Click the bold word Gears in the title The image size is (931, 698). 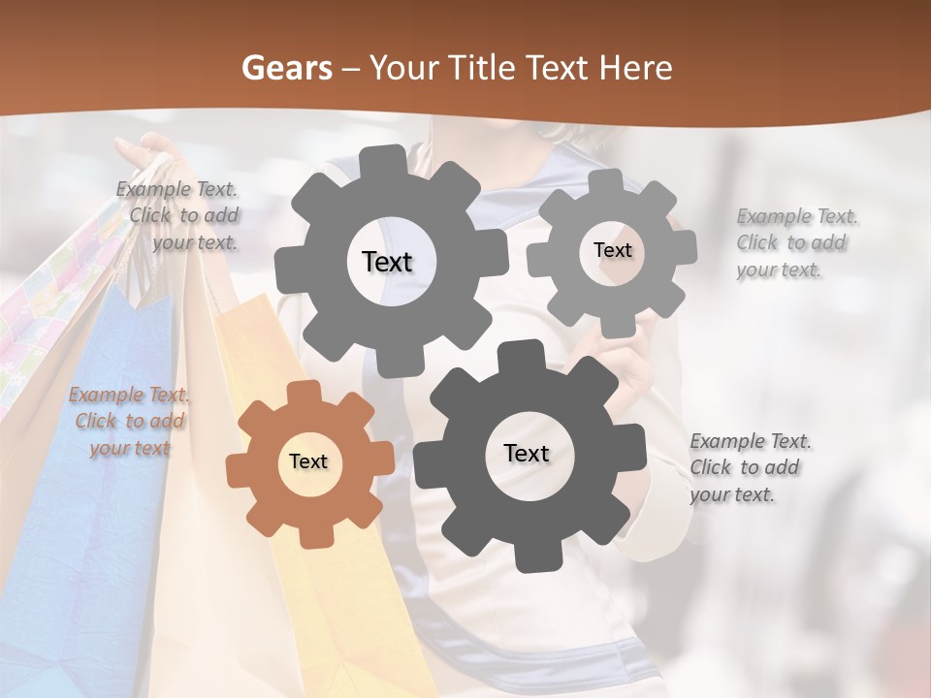click(286, 68)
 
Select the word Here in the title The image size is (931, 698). click(637, 68)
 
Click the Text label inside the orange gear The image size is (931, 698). click(308, 462)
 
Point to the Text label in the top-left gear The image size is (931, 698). click(387, 262)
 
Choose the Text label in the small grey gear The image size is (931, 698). click(612, 250)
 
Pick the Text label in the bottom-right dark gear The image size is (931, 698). click(527, 454)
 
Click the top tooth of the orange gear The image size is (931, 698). click(304, 393)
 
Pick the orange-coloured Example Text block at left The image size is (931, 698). click(129, 421)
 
